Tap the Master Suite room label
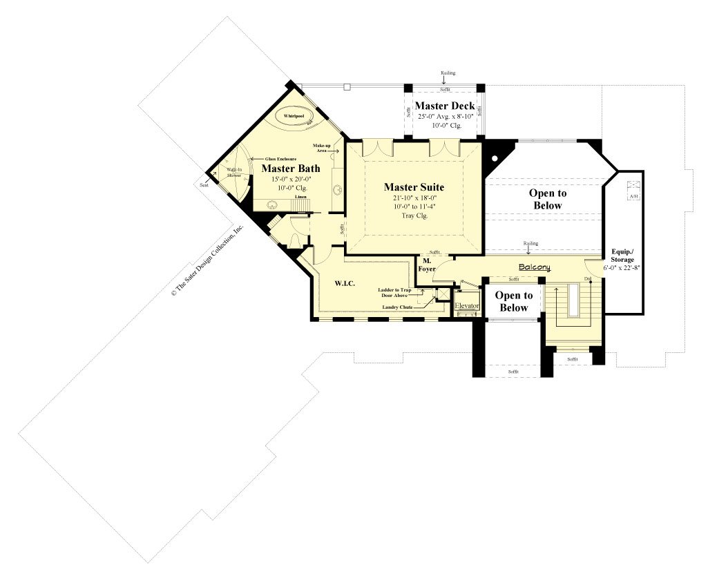414,186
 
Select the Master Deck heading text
444,106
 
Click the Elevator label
466,305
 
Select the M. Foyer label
427,265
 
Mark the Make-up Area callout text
321,148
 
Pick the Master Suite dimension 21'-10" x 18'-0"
414,198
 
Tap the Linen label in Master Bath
300,198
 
